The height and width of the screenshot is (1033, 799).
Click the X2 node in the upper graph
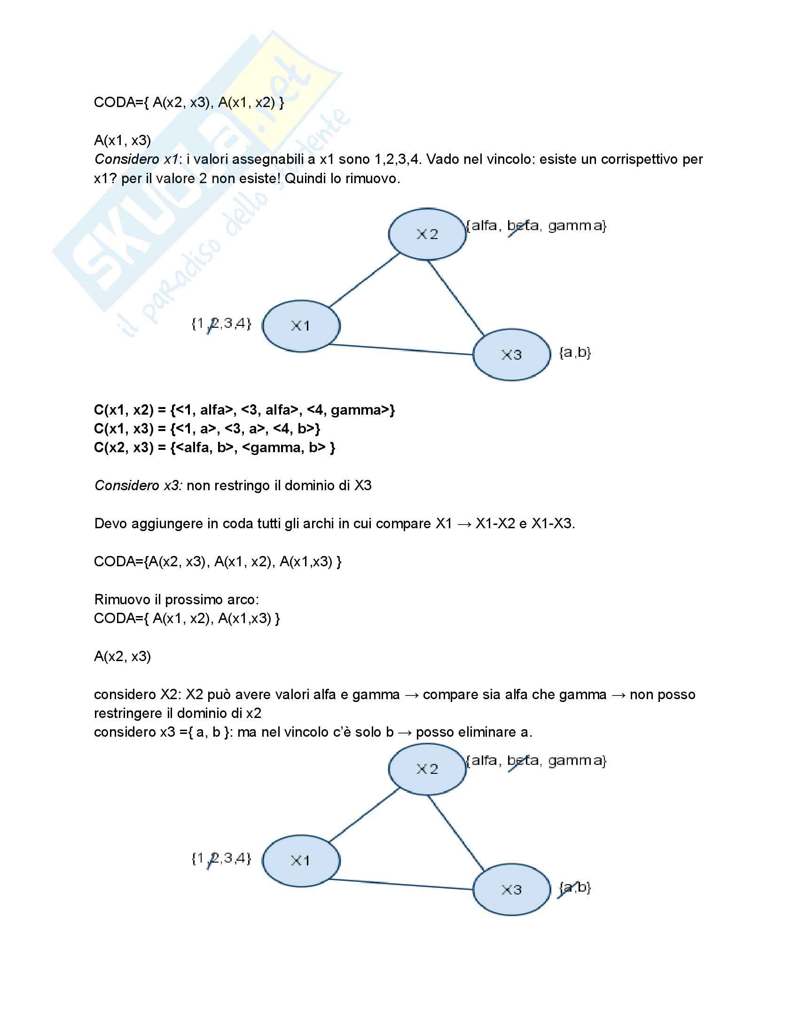coord(427,234)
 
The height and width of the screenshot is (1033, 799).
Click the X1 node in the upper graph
coord(301,326)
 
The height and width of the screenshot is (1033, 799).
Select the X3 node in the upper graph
coord(512,355)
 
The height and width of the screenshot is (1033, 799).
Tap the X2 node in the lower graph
coord(427,769)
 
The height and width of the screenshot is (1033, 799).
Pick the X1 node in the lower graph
coord(301,860)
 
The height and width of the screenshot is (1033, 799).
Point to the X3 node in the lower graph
coord(512,890)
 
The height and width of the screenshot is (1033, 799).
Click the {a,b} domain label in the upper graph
coord(575,352)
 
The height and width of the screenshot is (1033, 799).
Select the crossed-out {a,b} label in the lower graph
coord(575,887)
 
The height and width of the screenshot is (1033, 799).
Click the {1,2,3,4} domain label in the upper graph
coord(221,324)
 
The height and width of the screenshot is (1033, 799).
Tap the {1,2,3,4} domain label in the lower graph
coord(221,858)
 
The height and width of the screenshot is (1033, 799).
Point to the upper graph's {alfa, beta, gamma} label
coord(536,225)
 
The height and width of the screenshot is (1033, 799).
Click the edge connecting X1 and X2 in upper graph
coord(364,280)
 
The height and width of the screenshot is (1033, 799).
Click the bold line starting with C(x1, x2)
coord(244,409)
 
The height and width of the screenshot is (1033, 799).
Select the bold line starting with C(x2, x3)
coord(214,447)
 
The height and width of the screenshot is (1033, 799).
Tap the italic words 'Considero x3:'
coord(138,486)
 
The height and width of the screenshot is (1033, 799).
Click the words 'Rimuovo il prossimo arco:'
coord(177,599)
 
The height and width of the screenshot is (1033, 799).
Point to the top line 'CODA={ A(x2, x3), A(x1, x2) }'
coord(189,102)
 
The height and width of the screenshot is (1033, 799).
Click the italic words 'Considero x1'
coord(136,159)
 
